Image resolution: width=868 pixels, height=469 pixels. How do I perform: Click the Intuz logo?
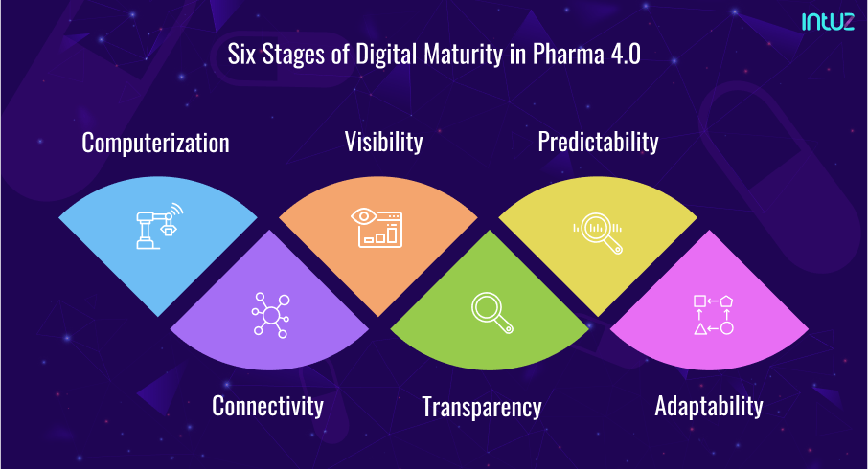(828, 22)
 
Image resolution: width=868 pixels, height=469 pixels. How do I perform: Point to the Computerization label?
(155, 144)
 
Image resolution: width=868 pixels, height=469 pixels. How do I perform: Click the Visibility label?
(383, 143)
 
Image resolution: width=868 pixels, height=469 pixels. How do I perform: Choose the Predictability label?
(599, 143)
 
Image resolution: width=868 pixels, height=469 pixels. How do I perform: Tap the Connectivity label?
(268, 406)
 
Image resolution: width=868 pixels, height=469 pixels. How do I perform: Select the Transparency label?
(482, 407)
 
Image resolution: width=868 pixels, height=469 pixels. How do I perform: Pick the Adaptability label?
(709, 406)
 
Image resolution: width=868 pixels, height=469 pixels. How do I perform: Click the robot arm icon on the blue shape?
(159, 226)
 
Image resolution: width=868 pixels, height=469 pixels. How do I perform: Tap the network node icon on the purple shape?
(271, 315)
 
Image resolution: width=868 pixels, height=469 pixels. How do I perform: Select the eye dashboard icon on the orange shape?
(377, 227)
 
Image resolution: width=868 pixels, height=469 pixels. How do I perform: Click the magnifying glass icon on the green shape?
(492, 312)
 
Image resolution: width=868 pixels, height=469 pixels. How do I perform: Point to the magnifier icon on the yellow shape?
(598, 233)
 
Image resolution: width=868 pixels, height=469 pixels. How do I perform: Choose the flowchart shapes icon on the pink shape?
(714, 315)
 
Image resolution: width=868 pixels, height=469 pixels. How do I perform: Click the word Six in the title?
(241, 55)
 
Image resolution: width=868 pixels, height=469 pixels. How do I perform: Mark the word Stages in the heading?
(293, 56)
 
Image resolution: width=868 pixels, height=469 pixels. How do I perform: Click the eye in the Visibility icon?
(364, 215)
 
